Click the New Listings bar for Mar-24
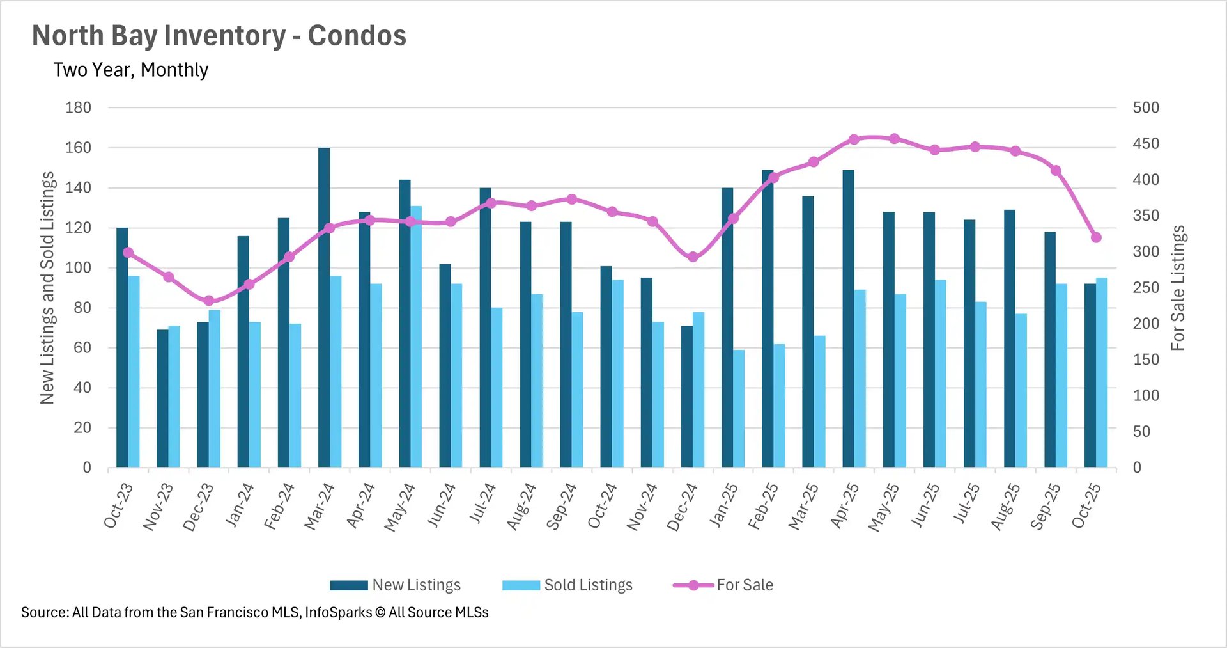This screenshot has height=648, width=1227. click(324, 307)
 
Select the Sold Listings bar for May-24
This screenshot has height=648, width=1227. click(416, 336)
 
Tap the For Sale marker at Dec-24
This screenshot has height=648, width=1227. click(693, 257)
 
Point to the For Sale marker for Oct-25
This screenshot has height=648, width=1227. click(1096, 237)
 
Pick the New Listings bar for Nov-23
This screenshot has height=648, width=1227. click(162, 398)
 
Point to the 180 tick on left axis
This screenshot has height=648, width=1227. click(78, 107)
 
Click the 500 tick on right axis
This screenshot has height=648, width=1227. click(1145, 107)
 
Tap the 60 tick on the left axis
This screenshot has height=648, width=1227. click(82, 347)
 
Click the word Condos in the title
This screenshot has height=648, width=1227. click(357, 36)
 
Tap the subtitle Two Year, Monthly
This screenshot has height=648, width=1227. click(130, 70)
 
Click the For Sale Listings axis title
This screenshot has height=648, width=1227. click(1178, 288)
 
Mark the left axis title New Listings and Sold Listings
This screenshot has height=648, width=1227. click(47, 288)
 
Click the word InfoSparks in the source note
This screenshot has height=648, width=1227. click(338, 612)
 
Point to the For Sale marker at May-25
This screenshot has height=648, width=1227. click(894, 139)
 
